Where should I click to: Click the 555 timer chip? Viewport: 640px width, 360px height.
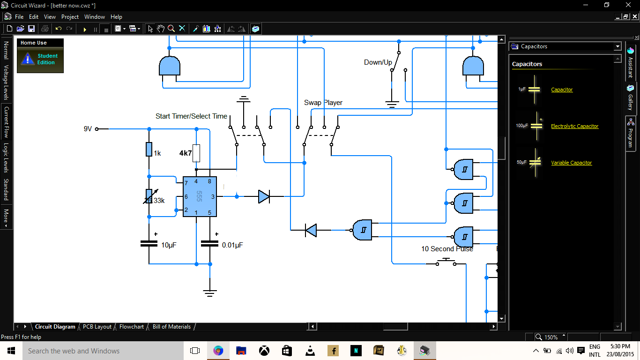pyautogui.click(x=200, y=196)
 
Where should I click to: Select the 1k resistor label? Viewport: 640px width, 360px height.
pyautogui.click(x=157, y=153)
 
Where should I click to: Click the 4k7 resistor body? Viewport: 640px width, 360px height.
pyautogui.click(x=196, y=153)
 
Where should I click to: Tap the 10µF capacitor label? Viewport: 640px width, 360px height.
pyautogui.click(x=169, y=245)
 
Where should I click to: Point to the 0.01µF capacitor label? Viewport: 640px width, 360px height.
pyautogui.click(x=232, y=245)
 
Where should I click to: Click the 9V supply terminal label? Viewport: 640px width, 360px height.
pyautogui.click(x=88, y=129)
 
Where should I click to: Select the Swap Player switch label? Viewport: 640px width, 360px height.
pyautogui.click(x=323, y=103)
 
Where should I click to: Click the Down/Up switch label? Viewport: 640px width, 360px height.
pyautogui.click(x=378, y=62)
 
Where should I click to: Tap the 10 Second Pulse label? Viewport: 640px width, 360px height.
pyautogui.click(x=447, y=249)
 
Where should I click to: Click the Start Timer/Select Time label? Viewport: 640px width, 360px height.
pyautogui.click(x=191, y=116)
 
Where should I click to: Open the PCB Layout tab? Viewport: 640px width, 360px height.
pyautogui.click(x=97, y=327)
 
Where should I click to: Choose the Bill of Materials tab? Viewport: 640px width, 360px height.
pyautogui.click(x=171, y=327)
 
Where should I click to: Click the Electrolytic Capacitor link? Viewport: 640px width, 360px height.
pyautogui.click(x=574, y=126)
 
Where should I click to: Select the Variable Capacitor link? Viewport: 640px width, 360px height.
pyautogui.click(x=572, y=163)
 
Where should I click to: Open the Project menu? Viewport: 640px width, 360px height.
pyautogui.click(x=70, y=17)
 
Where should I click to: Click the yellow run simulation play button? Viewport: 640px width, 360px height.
pyautogui.click(x=85, y=29)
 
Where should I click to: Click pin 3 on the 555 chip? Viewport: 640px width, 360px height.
pyautogui.click(x=213, y=197)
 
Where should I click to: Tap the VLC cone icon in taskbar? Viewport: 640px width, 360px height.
pyautogui.click(x=310, y=351)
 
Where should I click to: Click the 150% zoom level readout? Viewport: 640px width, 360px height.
pyautogui.click(x=551, y=337)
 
